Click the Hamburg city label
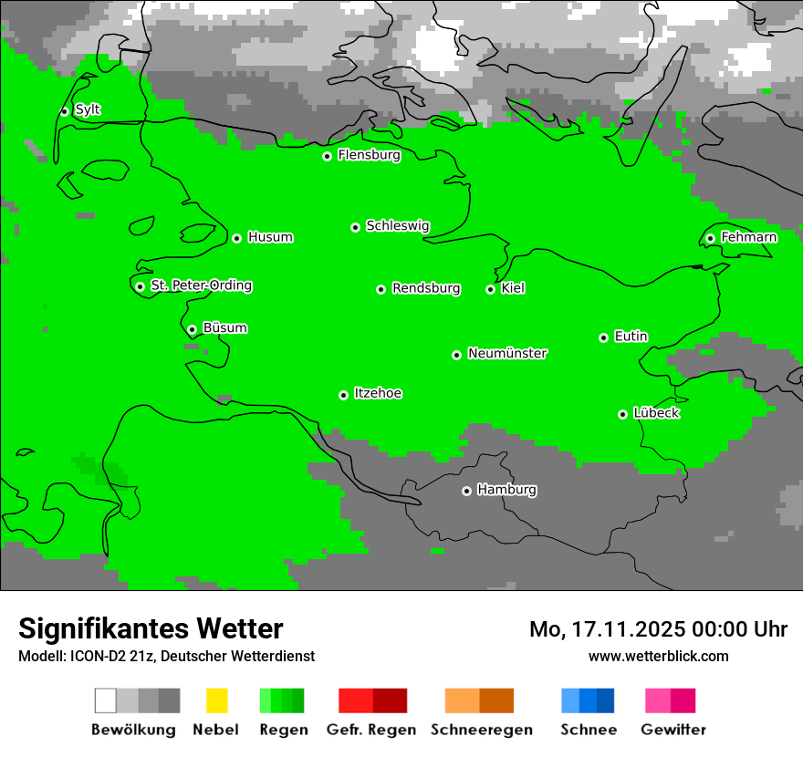click(x=506, y=490)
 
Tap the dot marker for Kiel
click(x=490, y=289)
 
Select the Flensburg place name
click(x=369, y=155)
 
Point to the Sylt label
click(x=88, y=109)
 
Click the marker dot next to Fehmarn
click(x=710, y=238)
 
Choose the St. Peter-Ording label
click(x=201, y=285)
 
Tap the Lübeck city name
click(x=656, y=413)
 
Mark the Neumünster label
click(x=507, y=353)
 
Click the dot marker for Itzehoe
click(x=343, y=395)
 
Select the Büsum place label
click(x=224, y=327)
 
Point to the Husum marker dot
click(x=236, y=238)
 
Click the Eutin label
click(x=631, y=337)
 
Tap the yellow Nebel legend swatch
click(x=217, y=700)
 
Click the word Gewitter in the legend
click(x=673, y=730)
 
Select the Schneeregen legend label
click(x=481, y=730)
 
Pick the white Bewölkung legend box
click(x=106, y=700)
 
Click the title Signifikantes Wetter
click(x=151, y=628)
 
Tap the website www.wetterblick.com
click(x=658, y=656)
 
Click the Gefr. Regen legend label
click(x=371, y=730)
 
